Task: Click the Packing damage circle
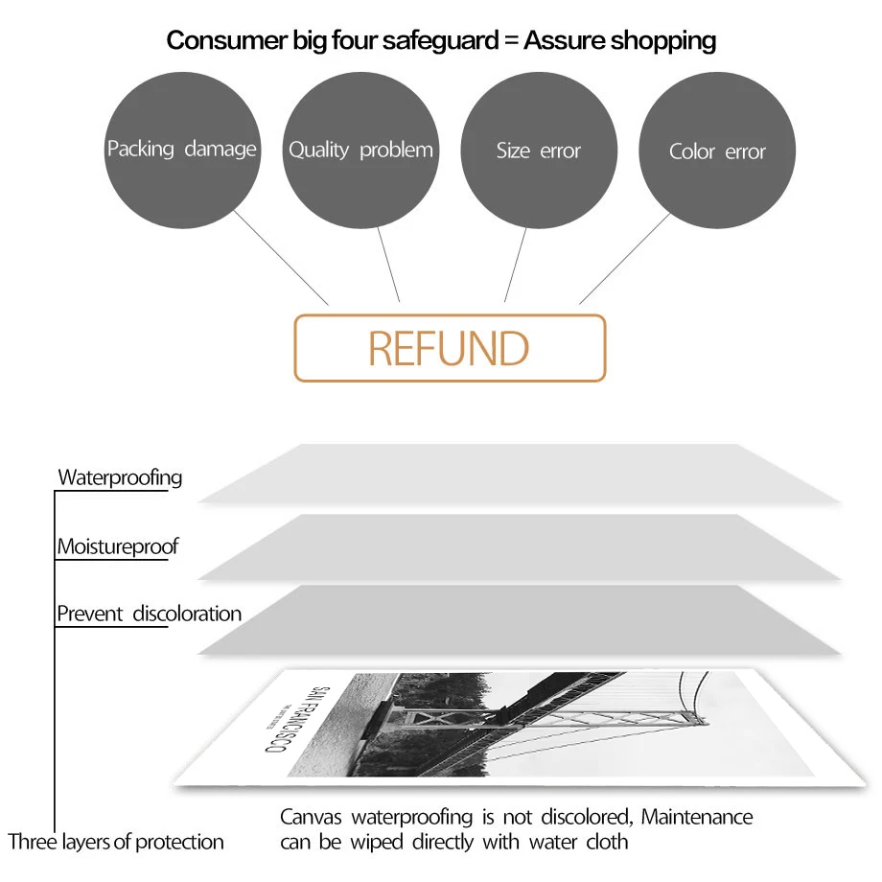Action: coord(181,151)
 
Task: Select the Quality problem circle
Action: coord(360,151)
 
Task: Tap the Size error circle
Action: coord(539,151)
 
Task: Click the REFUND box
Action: coord(449,348)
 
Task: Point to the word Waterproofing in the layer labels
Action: coord(120,477)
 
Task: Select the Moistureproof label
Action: coord(117,547)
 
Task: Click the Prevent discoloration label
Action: coord(149,614)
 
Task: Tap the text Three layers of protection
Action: coord(116,842)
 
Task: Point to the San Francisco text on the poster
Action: coord(300,720)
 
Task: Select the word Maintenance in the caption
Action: coord(697,818)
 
